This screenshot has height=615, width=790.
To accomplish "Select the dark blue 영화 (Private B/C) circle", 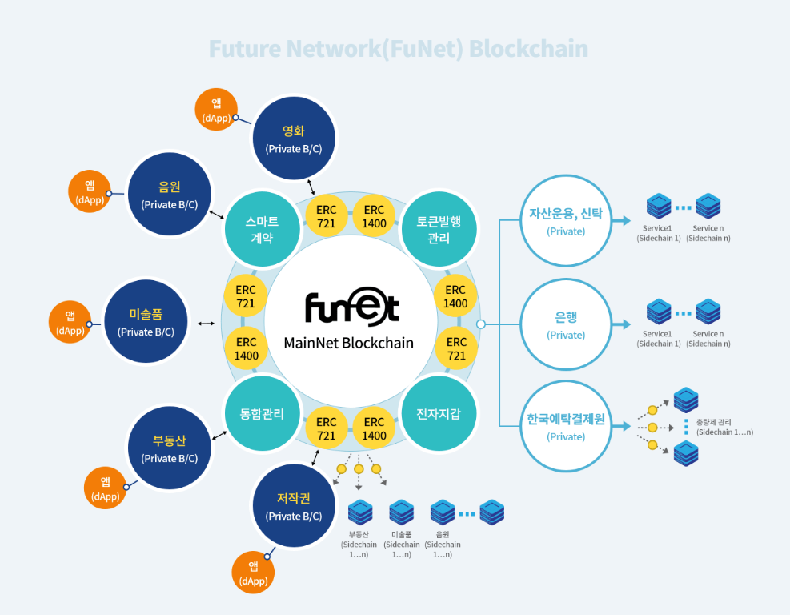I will (x=294, y=139).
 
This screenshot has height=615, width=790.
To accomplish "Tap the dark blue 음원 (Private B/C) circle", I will (x=170, y=195).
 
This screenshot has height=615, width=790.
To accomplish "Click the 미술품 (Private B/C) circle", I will (x=146, y=321).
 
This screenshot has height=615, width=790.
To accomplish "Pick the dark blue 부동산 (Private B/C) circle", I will (x=170, y=448).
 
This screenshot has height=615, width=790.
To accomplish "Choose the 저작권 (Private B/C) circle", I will (x=294, y=506).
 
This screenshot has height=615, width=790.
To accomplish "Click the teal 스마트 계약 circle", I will (x=263, y=229).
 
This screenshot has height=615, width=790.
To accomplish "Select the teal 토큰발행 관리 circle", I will (x=439, y=229).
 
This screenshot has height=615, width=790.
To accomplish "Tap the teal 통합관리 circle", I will (x=262, y=414).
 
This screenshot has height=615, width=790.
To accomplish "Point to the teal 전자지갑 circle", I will (x=439, y=414).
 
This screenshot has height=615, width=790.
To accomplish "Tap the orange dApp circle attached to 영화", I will (x=216, y=110).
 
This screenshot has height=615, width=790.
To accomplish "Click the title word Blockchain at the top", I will (x=528, y=49).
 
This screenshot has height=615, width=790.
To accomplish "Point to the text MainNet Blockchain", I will (x=349, y=343).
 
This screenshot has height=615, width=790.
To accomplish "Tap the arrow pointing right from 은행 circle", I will (x=621, y=324).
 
